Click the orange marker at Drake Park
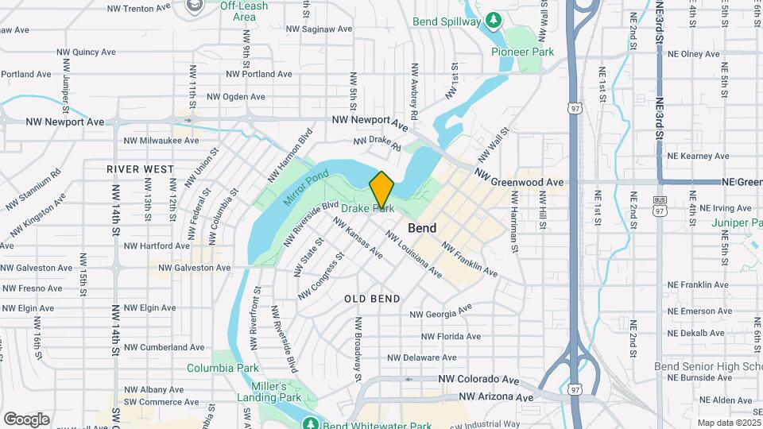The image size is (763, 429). click(382, 189)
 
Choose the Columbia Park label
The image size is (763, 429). click(223, 369)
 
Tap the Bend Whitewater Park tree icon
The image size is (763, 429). click(310, 422)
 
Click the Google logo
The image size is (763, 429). click(26, 419)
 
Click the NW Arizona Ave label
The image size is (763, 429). click(494, 396)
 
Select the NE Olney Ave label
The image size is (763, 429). click(694, 54)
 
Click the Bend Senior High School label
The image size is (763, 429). click(707, 366)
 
